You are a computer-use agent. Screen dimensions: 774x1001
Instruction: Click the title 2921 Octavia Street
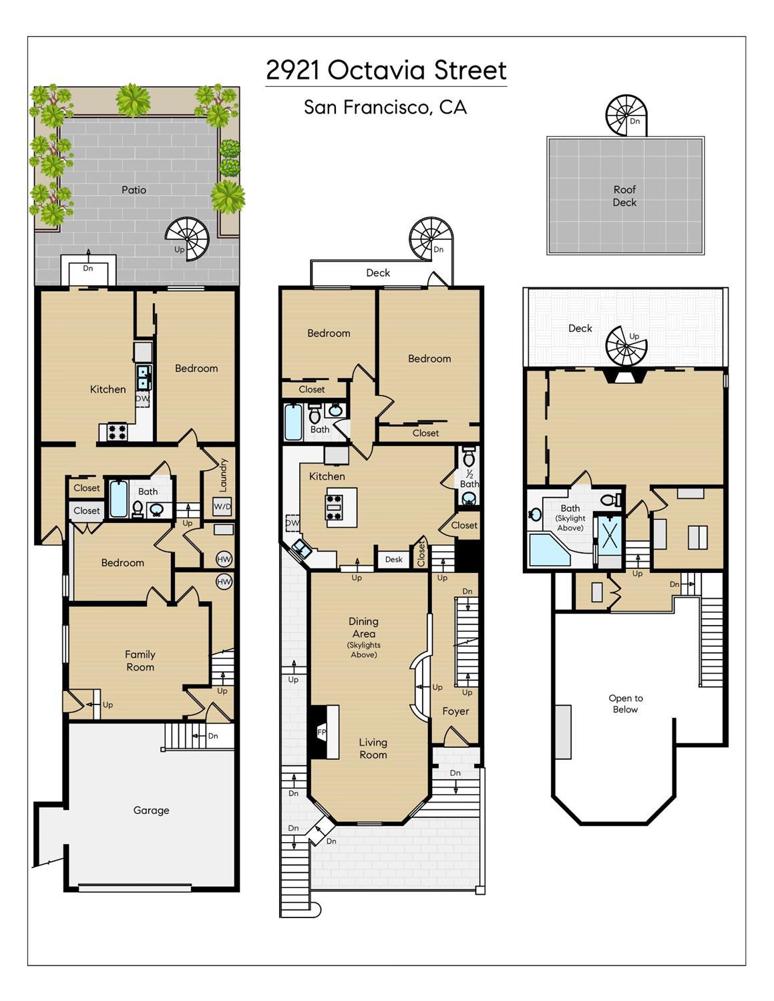click(x=386, y=71)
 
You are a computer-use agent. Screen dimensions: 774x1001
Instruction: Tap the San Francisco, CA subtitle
click(x=385, y=108)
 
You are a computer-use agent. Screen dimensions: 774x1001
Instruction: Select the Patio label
click(x=134, y=190)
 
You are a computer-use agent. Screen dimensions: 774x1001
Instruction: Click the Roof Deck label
click(x=624, y=196)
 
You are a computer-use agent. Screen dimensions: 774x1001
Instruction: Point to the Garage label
click(x=151, y=810)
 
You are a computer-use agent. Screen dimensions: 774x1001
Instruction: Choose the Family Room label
click(x=140, y=660)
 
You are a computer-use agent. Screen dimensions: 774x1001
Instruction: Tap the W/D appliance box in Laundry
click(x=222, y=506)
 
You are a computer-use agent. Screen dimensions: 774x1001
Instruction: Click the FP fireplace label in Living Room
click(x=322, y=731)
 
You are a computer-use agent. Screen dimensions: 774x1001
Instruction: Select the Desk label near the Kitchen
click(x=394, y=559)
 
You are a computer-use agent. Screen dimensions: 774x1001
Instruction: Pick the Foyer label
click(x=455, y=711)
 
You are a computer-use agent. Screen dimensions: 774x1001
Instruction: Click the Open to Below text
click(x=625, y=704)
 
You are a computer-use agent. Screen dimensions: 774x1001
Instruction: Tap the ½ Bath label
click(x=469, y=479)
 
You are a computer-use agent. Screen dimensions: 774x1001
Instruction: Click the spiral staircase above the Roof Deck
click(x=626, y=115)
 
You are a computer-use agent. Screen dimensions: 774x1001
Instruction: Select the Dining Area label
click(x=363, y=628)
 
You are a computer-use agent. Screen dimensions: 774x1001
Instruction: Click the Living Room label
click(x=373, y=749)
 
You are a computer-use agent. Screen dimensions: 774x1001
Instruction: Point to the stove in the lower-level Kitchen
click(x=117, y=432)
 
